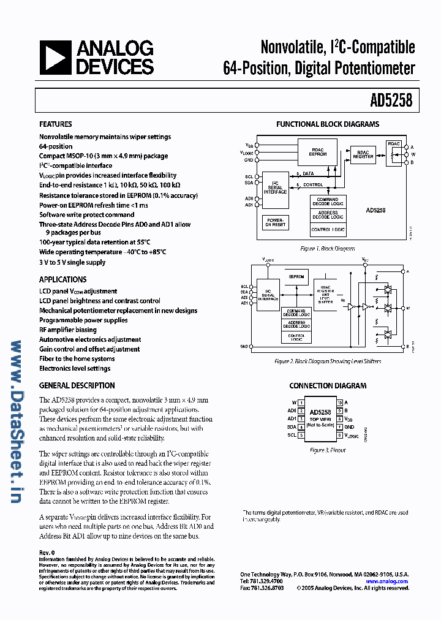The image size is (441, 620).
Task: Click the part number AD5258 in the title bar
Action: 391,100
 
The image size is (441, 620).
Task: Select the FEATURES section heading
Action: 56,124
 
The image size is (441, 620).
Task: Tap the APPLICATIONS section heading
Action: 63,279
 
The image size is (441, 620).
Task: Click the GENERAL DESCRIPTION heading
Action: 77,385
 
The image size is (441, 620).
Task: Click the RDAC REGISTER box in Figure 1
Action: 363,154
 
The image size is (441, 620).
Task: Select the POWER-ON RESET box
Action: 275,223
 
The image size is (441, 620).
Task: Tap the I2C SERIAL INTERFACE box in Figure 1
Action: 275,188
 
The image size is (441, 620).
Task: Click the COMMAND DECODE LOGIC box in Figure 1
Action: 328,202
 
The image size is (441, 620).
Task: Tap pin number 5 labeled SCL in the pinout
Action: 301,435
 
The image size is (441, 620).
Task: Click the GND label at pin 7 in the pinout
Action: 349,426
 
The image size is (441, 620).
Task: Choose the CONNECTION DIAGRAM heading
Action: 328,386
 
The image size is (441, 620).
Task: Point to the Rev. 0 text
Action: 47,553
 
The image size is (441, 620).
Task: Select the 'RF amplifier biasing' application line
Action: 68,330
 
